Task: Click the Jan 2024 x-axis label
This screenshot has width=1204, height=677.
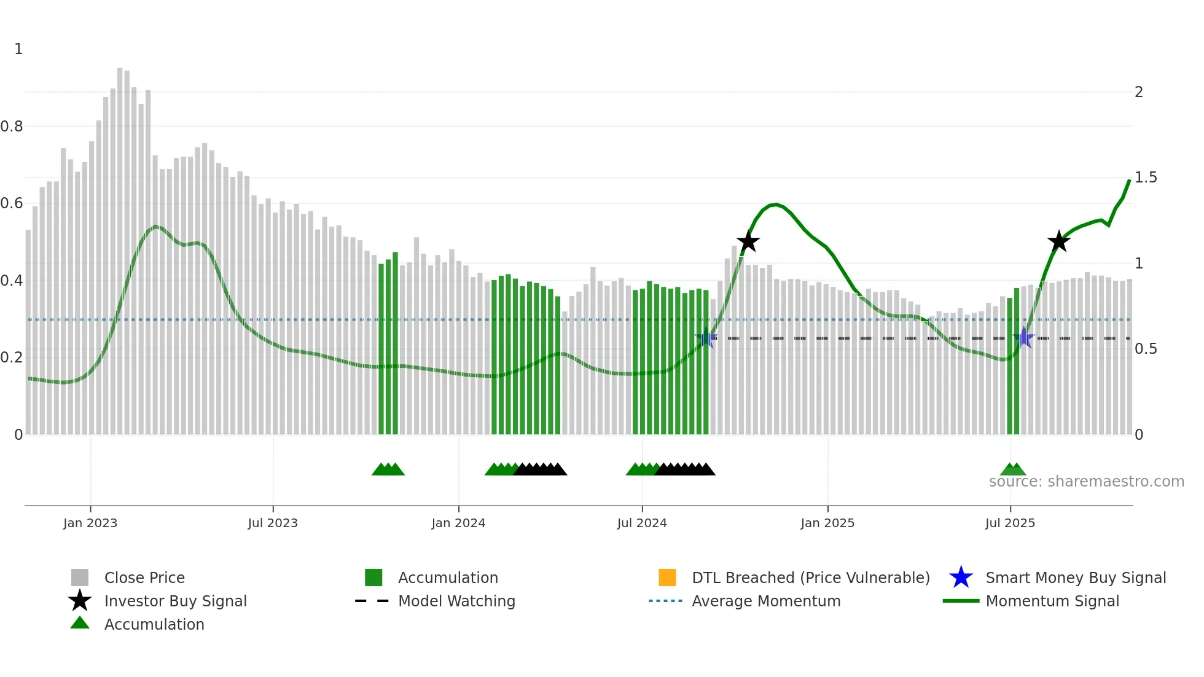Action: (458, 523)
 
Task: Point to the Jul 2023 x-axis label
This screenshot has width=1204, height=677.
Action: (273, 523)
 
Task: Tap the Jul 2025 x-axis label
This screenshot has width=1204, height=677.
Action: (1010, 523)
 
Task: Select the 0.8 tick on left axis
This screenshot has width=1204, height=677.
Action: (12, 127)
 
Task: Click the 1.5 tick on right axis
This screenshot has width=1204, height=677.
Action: (1145, 178)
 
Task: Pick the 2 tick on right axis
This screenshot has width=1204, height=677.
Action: (1138, 92)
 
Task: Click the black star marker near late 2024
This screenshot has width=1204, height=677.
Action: (748, 241)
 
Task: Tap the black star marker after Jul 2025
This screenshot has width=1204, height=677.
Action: (1058, 241)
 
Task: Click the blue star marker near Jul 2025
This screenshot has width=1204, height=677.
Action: (1024, 338)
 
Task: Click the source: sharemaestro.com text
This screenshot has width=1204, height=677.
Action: (1086, 482)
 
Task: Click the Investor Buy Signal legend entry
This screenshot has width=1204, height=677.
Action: (175, 601)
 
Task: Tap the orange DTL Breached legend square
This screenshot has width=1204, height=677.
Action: (666, 577)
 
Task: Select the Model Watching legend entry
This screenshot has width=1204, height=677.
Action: (456, 601)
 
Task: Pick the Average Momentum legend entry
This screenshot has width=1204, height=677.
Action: (765, 601)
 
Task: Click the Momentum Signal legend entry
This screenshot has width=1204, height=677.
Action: (1052, 601)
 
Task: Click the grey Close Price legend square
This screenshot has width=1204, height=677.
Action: (80, 577)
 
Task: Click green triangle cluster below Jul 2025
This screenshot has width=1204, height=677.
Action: (1012, 469)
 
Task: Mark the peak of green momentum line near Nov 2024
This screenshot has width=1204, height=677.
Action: (776, 205)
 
